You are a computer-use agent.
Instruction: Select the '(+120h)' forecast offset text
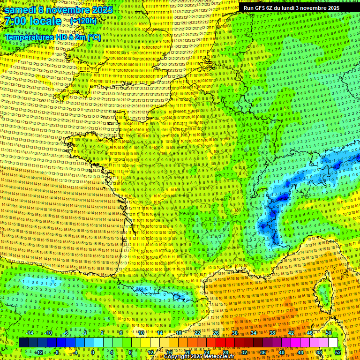click(x=83, y=21)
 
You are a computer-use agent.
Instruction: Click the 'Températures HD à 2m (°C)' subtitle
click(x=52, y=37)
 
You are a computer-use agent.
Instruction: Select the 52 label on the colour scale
click(x=338, y=352)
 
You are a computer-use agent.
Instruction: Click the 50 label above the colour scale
click(x=329, y=333)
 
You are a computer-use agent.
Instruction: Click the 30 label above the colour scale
click(x=235, y=333)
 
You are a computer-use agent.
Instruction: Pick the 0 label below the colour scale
click(x=93, y=352)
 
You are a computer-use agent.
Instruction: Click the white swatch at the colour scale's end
click(x=333, y=343)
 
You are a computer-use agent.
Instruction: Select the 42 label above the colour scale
click(x=291, y=333)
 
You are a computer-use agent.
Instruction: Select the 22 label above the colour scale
click(x=197, y=333)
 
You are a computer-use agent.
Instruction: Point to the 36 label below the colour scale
click(x=263, y=352)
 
